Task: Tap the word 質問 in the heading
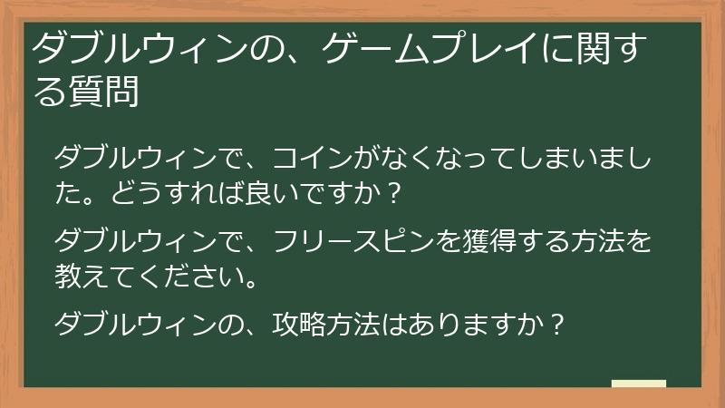pyautogui.click(x=103, y=92)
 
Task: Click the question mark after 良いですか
pyautogui.click(x=392, y=194)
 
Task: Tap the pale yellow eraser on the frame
pyautogui.click(x=638, y=384)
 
